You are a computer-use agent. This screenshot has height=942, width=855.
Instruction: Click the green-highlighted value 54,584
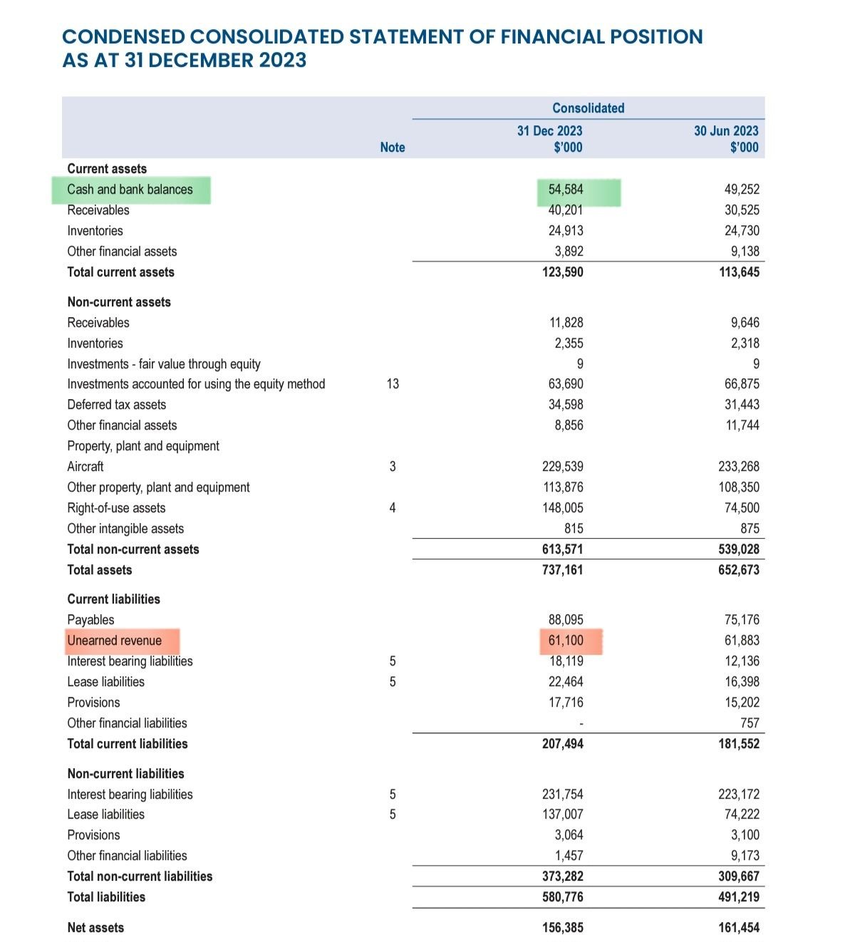pyautogui.click(x=566, y=190)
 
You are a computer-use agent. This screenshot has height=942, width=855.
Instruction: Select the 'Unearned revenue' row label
pyautogui.click(x=115, y=641)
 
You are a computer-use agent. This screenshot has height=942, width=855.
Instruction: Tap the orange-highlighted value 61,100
pyautogui.click(x=566, y=641)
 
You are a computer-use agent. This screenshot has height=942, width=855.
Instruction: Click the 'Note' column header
pyautogui.click(x=393, y=147)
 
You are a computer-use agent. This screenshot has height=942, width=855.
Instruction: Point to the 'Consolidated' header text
pyautogui.click(x=589, y=108)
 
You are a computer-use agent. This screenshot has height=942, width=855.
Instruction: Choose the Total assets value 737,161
pyautogui.click(x=563, y=570)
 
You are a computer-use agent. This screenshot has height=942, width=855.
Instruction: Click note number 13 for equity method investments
pyautogui.click(x=393, y=384)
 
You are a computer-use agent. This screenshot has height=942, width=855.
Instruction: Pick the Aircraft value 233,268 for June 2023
pyautogui.click(x=739, y=467)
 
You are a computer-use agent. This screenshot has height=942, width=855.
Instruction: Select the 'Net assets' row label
pyautogui.click(x=95, y=928)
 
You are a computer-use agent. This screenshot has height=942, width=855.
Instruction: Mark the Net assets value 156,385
pyautogui.click(x=563, y=928)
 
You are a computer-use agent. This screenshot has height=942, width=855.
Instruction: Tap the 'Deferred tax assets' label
pyautogui.click(x=117, y=405)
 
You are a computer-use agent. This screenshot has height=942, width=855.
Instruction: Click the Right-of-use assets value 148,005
pyautogui.click(x=563, y=508)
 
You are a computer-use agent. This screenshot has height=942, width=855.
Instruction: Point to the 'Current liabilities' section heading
pyautogui.click(x=114, y=599)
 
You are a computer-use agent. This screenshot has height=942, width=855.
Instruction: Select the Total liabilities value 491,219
pyautogui.click(x=739, y=897)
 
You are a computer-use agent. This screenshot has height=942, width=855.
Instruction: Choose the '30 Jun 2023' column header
pyautogui.click(x=726, y=131)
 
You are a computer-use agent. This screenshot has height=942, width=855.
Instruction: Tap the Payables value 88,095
pyautogui.click(x=566, y=620)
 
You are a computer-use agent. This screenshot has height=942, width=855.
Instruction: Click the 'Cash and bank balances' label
pyautogui.click(x=130, y=190)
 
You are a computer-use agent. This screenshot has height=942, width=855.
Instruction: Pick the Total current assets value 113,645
pyautogui.click(x=739, y=272)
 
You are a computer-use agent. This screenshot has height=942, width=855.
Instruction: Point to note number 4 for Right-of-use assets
pyautogui.click(x=393, y=508)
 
